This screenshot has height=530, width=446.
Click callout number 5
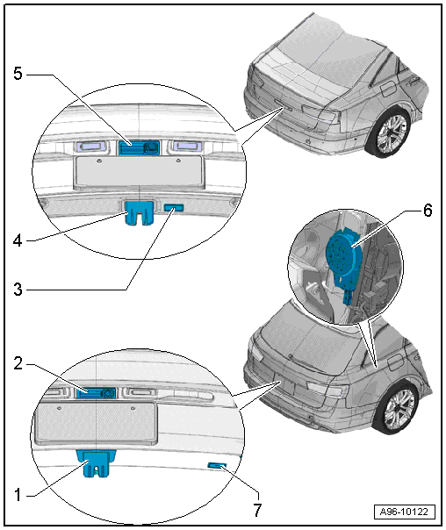pyautogui.click(x=18, y=73)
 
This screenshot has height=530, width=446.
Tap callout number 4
pyautogui.click(x=18, y=240)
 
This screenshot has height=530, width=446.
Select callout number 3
pyautogui.click(x=18, y=290)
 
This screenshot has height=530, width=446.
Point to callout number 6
pyautogui.click(x=428, y=211)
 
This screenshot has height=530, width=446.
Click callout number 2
pyautogui.click(x=18, y=363)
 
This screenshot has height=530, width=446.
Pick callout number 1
pyautogui.click(x=18, y=496)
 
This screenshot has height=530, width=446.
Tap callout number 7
pyautogui.click(x=257, y=510)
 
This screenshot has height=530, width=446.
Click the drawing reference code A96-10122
pyautogui.click(x=405, y=512)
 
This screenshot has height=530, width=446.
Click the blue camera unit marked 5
pyautogui.click(x=139, y=147)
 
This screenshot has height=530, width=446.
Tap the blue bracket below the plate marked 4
pyautogui.click(x=140, y=212)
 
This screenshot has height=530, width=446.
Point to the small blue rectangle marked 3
pyautogui.click(x=174, y=208)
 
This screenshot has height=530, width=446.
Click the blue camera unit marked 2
pyautogui.click(x=96, y=393)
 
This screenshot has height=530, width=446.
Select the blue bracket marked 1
pyautogui.click(x=97, y=463)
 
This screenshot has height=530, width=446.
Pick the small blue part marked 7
pyautogui.click(x=217, y=466)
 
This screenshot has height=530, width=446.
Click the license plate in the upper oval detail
pyautogui.click(x=139, y=171)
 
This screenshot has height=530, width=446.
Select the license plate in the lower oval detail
pyautogui.click(x=96, y=422)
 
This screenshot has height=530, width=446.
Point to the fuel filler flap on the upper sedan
pyautogui.click(x=388, y=90)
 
